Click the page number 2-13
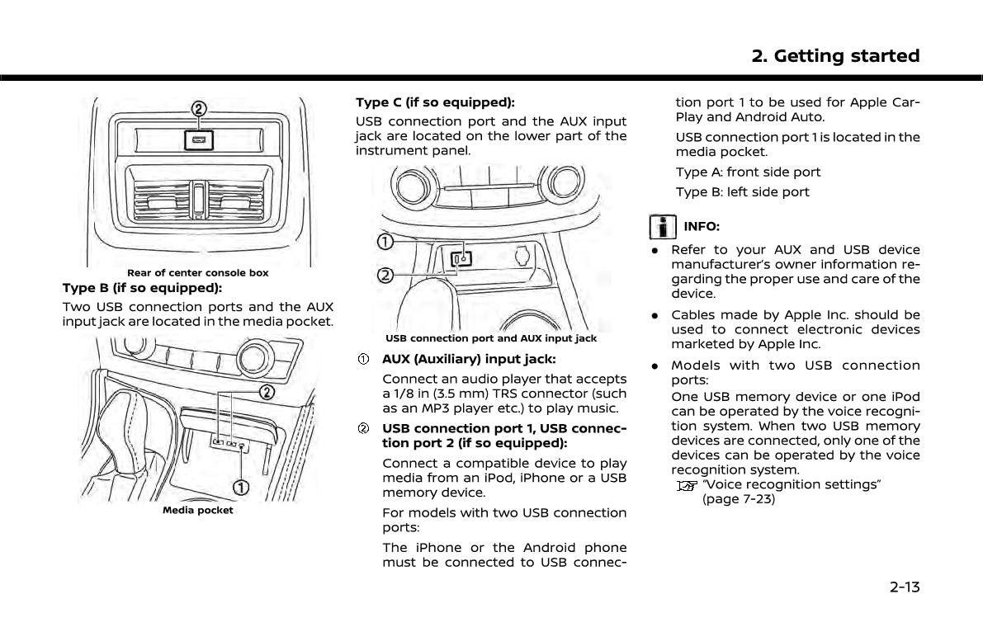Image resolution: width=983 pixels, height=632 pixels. tap(904, 587)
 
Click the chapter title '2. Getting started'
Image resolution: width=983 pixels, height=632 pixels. tap(835, 56)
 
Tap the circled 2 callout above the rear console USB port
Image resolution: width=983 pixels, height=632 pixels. tap(199, 109)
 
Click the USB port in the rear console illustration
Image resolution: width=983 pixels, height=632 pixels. tap(199, 139)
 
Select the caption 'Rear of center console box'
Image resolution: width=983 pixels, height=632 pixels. tap(198, 273)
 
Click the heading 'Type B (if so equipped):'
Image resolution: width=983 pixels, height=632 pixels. tap(142, 288)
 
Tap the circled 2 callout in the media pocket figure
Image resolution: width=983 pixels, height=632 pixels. tap(267, 390)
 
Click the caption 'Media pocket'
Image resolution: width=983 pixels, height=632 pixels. tap(198, 511)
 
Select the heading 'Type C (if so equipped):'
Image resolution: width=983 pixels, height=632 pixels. tap(435, 102)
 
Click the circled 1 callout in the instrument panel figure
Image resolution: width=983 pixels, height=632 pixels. tap(385, 242)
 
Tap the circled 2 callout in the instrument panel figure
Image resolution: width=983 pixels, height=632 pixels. tap(385, 274)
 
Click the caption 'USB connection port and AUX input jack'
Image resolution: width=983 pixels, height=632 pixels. tap(491, 338)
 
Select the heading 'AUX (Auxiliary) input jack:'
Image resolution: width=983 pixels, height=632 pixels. tap(469, 359)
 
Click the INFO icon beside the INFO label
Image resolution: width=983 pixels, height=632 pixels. tap(660, 226)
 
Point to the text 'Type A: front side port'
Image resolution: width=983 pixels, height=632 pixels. tap(748, 172)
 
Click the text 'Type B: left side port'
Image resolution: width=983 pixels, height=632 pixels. tap(743, 192)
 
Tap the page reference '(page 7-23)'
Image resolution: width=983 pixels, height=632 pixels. tap(739, 499)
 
